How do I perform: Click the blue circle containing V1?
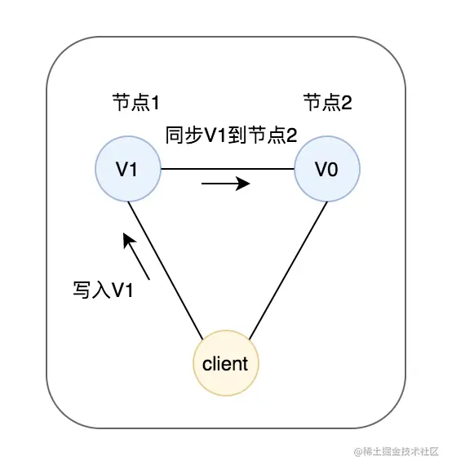point(127,170)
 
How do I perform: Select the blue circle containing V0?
point(326,170)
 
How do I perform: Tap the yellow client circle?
point(225,363)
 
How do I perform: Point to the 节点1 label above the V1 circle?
point(135,103)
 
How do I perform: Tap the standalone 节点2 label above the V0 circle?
point(327,103)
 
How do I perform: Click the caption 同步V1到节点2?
point(231,135)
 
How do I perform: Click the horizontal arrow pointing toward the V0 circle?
point(225,184)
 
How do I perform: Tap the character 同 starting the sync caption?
point(174,135)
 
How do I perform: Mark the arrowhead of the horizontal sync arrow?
point(244,184)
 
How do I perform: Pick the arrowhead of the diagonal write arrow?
point(126,239)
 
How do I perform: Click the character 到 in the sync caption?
point(238,135)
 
